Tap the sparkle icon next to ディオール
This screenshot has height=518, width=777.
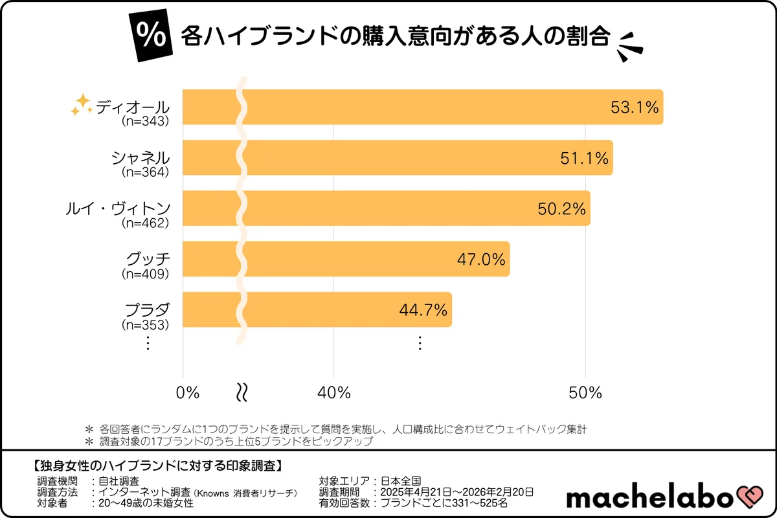coord(82,105)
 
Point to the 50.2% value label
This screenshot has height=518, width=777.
coord(561,208)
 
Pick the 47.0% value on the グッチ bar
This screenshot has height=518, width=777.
coord(481,259)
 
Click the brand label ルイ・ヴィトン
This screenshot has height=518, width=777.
coord(118,208)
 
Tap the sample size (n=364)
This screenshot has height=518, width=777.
coord(146,172)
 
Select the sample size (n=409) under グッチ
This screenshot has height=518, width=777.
coord(146,274)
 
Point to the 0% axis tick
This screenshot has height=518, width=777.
coord(188,392)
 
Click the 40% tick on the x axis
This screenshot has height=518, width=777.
coord(334,392)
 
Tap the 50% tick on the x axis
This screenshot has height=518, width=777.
coord(585,392)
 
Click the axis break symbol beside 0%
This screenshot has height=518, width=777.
coord(242,392)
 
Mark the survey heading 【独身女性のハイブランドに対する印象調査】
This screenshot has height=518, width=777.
coord(156,466)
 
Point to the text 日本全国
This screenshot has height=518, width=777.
coord(400,481)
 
